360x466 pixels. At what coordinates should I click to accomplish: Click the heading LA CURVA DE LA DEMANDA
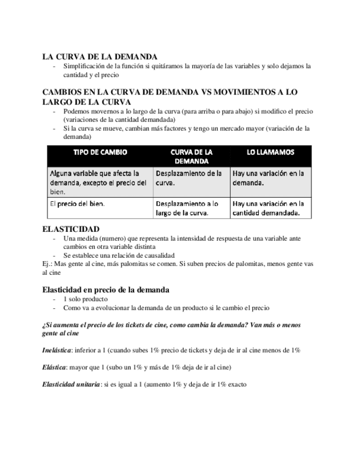click(x=99, y=56)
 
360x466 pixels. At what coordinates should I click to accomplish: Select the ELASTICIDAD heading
click(x=71, y=229)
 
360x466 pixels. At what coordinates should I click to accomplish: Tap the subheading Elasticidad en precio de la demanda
click(x=106, y=290)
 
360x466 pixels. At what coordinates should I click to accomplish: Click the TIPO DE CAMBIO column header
click(x=100, y=152)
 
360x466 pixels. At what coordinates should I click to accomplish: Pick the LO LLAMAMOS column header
click(x=270, y=152)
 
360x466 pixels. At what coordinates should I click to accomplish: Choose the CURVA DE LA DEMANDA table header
click(x=191, y=156)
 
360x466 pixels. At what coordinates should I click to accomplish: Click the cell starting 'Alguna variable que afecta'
click(x=98, y=182)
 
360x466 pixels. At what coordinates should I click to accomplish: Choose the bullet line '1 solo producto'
click(x=85, y=299)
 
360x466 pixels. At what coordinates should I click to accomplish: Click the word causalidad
click(x=158, y=255)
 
